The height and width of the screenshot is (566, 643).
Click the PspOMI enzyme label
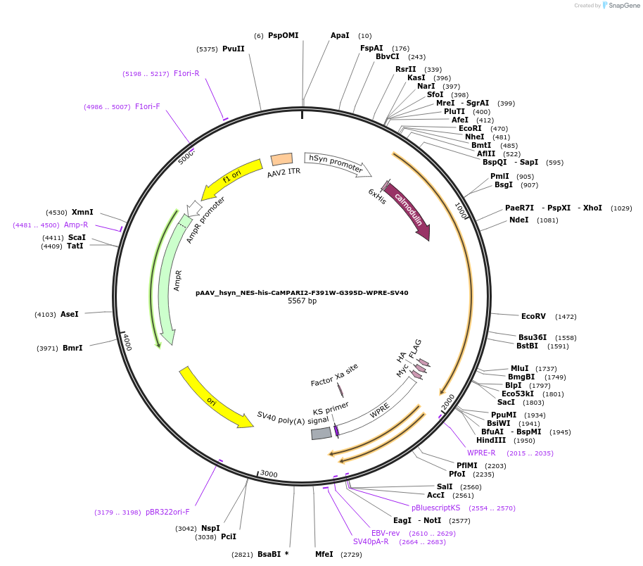pyautogui.click(x=283, y=35)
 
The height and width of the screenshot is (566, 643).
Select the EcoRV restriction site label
pyautogui.click(x=533, y=317)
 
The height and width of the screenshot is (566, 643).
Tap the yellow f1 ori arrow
pyautogui.click(x=231, y=180)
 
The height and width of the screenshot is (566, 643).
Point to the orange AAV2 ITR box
pyautogui.click(x=282, y=160)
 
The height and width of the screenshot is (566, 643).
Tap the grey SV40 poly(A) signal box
pyautogui.click(x=321, y=434)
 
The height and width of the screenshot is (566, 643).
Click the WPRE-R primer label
pyautogui.click(x=482, y=453)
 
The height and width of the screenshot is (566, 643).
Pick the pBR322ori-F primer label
pyautogui.click(x=167, y=512)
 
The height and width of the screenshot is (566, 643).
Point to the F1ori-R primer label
pyautogui.click(x=186, y=73)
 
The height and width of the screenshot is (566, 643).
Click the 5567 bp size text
pyautogui.click(x=302, y=301)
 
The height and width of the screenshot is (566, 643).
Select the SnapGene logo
pyautogui.click(x=619, y=6)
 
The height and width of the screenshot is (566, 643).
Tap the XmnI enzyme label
pyautogui.click(x=82, y=212)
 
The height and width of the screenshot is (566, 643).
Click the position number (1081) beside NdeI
pyautogui.click(x=547, y=220)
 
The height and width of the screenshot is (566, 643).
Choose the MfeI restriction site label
pyautogui.click(x=324, y=554)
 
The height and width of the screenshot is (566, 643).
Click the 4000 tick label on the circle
pyautogui.click(x=127, y=342)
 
